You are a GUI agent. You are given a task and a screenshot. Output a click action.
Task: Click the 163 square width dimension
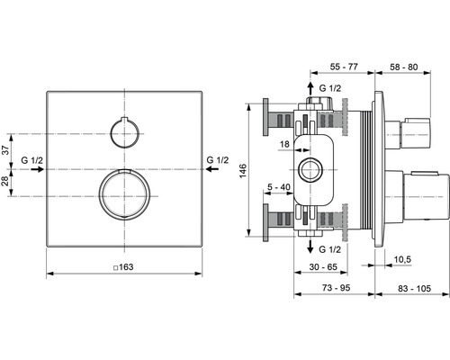123,267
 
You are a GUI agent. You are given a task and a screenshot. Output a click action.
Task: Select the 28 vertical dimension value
6,182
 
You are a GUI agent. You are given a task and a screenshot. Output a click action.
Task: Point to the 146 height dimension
243,170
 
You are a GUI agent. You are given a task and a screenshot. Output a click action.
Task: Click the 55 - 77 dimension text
344,67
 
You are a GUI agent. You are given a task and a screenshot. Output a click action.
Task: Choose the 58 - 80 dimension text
403,67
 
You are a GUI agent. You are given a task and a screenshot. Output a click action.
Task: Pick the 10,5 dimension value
402,259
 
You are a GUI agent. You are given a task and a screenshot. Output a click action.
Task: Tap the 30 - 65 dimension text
323,266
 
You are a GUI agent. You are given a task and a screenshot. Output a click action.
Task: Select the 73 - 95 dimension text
336,288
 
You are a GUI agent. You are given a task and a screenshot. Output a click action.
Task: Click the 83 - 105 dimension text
414,288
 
